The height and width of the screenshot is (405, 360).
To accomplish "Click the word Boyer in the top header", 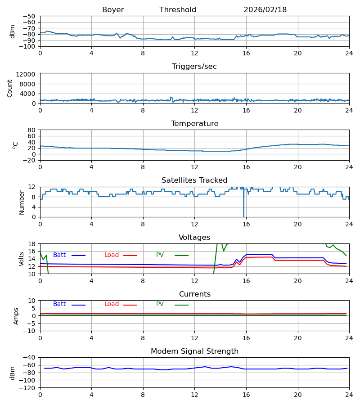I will (113, 10).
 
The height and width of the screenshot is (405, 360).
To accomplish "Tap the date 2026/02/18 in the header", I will (265, 10).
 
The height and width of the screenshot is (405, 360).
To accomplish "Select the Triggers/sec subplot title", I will (194, 67).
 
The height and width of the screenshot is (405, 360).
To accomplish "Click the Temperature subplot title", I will (194, 124).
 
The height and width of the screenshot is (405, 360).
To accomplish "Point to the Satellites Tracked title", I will (194, 180).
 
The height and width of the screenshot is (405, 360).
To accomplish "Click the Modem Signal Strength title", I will (194, 351).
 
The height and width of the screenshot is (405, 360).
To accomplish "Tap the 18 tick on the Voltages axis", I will (32, 244).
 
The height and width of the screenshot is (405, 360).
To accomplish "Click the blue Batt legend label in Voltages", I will (59, 255).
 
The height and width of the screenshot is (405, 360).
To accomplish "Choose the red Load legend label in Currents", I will (112, 304).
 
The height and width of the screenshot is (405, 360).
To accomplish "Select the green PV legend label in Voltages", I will (160, 255).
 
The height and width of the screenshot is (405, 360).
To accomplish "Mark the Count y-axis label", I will (10, 88).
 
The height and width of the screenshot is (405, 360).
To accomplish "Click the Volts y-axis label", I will (22, 259).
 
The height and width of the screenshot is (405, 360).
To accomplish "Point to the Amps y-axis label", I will (16, 316).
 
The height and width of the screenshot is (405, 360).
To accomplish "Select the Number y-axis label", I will (22, 202).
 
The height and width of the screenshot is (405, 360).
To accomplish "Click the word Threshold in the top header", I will (178, 10).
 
